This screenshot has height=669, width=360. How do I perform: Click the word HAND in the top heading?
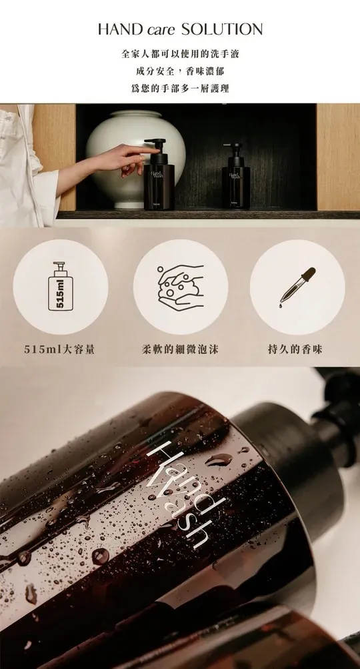(x=120, y=29)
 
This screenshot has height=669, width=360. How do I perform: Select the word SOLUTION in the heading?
(x=222, y=29)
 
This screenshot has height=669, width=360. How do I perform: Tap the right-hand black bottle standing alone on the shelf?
(x=236, y=176)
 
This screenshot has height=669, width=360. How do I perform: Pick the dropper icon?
(x=297, y=285)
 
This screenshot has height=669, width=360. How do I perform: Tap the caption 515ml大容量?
(x=59, y=350)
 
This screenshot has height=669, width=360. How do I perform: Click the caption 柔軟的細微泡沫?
(x=180, y=350)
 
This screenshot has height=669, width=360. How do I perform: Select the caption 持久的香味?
(x=295, y=350)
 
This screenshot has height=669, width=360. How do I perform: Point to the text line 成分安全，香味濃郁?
(x=180, y=71)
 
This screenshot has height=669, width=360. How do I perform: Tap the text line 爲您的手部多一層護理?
(x=180, y=88)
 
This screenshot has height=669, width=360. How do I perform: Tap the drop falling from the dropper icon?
(x=281, y=305)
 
